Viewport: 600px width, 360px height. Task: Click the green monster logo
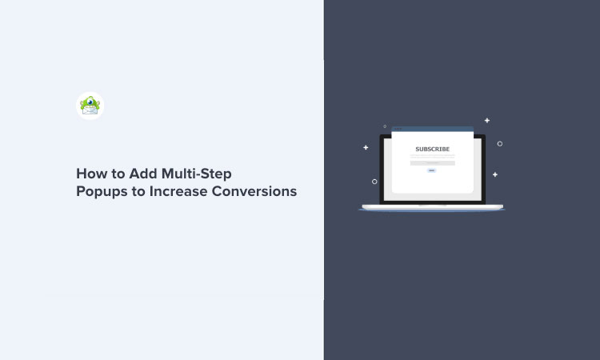[90, 106]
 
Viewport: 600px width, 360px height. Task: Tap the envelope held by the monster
[90, 112]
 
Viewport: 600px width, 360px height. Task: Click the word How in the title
[90, 173]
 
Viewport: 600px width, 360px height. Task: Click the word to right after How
[114, 173]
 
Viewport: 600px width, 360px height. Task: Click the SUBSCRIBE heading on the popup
[432, 149]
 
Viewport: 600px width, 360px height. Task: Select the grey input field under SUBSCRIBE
[432, 162]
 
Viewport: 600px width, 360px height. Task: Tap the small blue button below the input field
[432, 170]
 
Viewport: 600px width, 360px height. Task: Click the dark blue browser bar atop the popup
[432, 128]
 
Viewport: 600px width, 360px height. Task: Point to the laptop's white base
[432, 208]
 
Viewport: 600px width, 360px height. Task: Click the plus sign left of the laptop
[366, 147]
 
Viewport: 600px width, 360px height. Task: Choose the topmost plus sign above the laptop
[486, 121]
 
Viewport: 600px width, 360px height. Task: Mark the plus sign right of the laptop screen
[495, 174]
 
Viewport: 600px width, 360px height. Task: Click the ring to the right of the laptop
[500, 144]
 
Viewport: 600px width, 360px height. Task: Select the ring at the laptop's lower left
[374, 182]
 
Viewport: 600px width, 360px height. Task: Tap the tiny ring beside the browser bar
[385, 126]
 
